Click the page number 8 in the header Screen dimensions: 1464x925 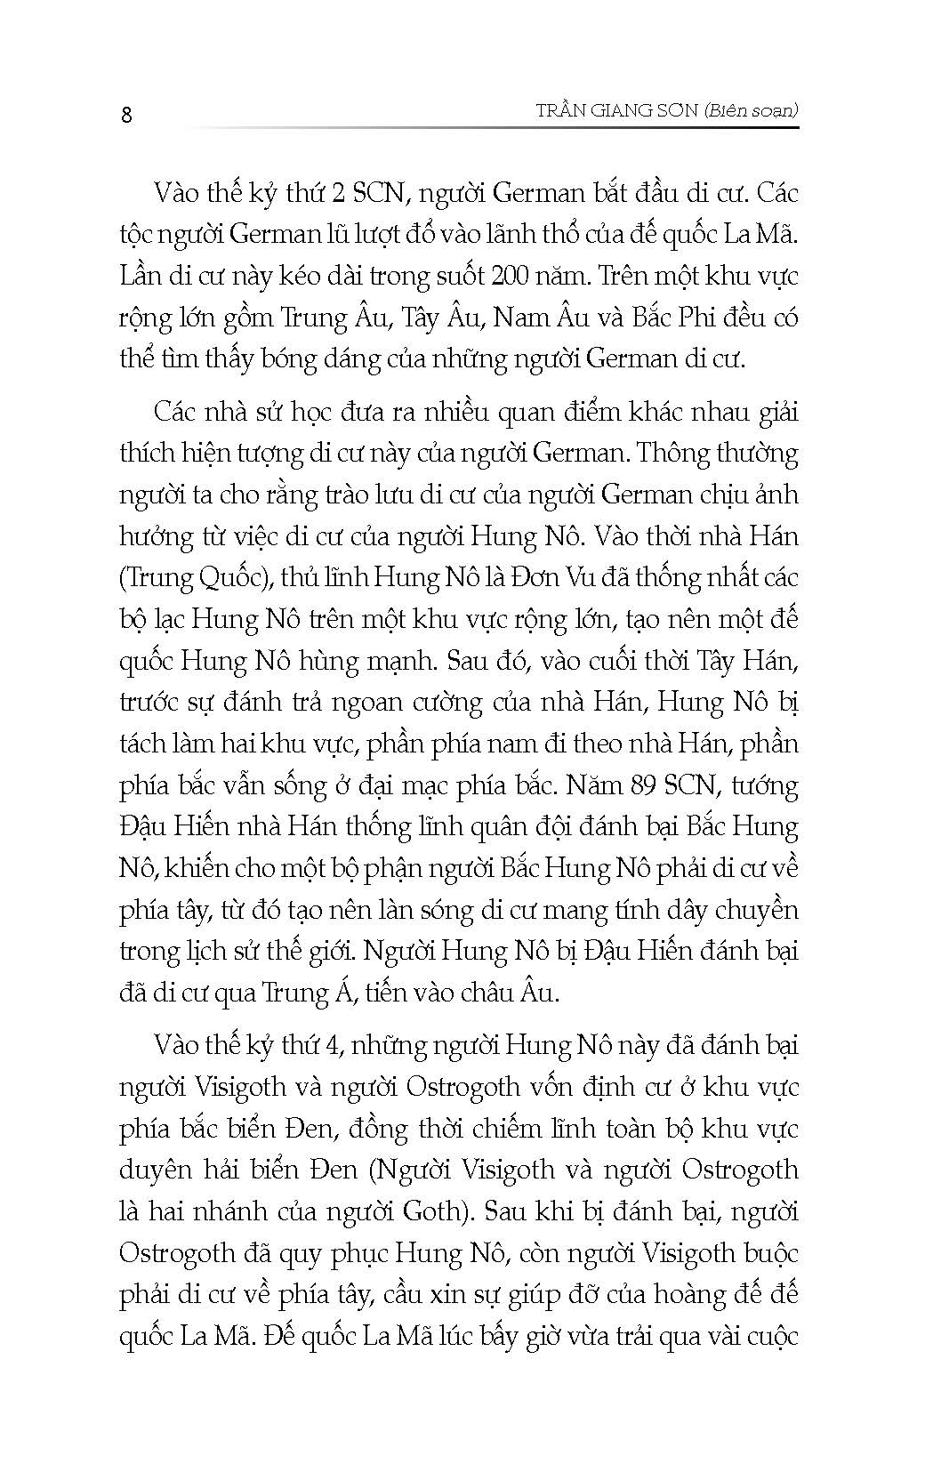[x=126, y=115]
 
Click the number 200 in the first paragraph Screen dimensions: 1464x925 [x=509, y=276]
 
